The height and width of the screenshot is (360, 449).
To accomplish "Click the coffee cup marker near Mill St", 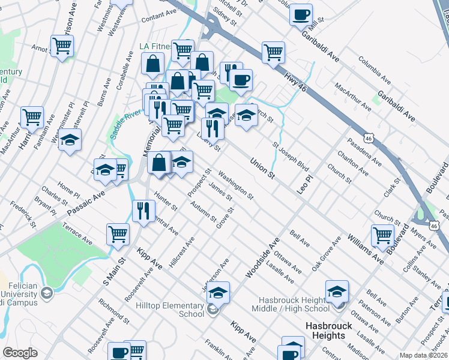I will pyautogui.click(x=301, y=14).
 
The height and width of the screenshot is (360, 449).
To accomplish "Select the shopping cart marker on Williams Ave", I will pyautogui.click(x=382, y=236).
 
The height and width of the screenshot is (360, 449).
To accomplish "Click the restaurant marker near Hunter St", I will pyautogui.click(x=143, y=211).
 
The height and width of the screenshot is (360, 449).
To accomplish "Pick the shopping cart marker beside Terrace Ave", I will pyautogui.click(x=118, y=233).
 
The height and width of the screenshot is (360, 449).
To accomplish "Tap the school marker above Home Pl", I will pyautogui.click(x=70, y=140).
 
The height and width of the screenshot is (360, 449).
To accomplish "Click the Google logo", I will pyautogui.click(x=20, y=353).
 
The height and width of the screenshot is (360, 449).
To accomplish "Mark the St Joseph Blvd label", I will pyautogui.click(x=290, y=155).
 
